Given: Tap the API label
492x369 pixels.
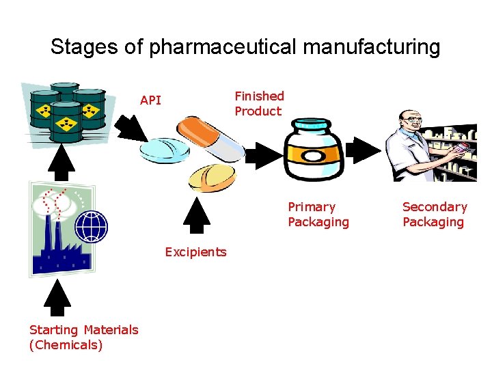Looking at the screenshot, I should coord(150,100).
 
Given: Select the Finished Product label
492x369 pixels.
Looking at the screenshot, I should coord(259,103).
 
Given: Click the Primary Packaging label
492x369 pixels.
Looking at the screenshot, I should coord(318,214).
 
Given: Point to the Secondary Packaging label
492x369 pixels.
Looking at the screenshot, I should coord(434,214).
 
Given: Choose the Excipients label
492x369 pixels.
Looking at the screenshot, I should coord(195,252).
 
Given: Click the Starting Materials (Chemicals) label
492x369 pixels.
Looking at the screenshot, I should coord(83,337).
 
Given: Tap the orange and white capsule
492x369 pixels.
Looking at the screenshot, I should coord(208,136).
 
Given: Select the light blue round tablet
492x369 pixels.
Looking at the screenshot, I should coord(164,150).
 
